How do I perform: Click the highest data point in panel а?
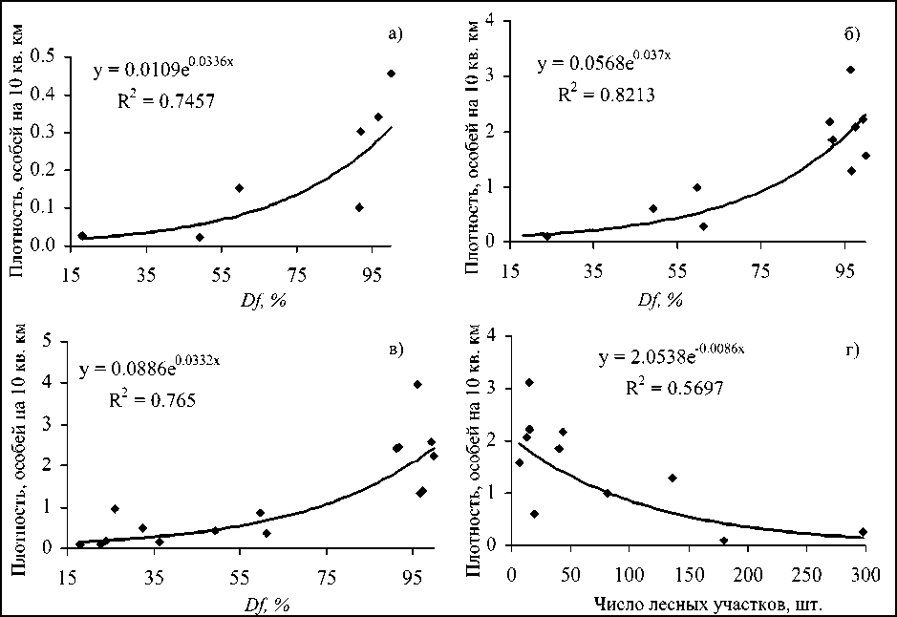point(390,74)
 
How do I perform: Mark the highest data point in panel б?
point(850,70)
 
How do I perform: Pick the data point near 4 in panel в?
point(417,384)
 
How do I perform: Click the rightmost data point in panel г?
point(863,532)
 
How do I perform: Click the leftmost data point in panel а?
point(82,235)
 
